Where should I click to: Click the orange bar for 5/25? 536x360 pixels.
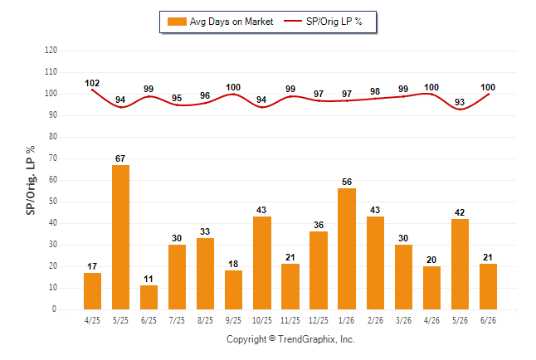pyautogui.click(x=120, y=237)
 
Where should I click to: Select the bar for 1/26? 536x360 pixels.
pyautogui.click(x=347, y=249)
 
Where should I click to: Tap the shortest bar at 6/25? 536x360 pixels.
pyautogui.click(x=149, y=298)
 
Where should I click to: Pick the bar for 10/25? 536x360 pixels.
pyautogui.click(x=262, y=263)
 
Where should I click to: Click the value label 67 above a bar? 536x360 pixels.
pyautogui.click(x=120, y=158)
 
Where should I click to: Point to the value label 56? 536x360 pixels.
pyautogui.click(x=347, y=182)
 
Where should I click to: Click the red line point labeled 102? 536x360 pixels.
pyautogui.click(x=92, y=90)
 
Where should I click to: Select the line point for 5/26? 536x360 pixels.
pyautogui.click(x=460, y=109)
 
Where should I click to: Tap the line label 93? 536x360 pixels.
pyautogui.click(x=460, y=102)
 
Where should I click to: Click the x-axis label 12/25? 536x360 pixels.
pyautogui.click(x=319, y=320)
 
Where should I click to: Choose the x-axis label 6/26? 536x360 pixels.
pyautogui.click(x=488, y=320)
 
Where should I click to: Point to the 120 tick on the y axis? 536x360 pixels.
pyautogui.click(x=51, y=51)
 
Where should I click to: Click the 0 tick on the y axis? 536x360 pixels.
pyautogui.click(x=54, y=309)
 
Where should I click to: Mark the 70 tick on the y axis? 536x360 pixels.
pyautogui.click(x=53, y=158)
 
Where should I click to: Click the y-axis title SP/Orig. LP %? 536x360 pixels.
pyautogui.click(x=31, y=181)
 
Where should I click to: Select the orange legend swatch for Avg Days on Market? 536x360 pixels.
pyautogui.click(x=177, y=22)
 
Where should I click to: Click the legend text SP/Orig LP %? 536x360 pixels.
pyautogui.click(x=334, y=22)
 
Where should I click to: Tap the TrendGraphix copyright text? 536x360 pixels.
pyautogui.click(x=290, y=339)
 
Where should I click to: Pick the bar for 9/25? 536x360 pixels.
pyautogui.click(x=233, y=290)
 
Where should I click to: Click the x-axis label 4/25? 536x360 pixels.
pyautogui.click(x=92, y=320)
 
